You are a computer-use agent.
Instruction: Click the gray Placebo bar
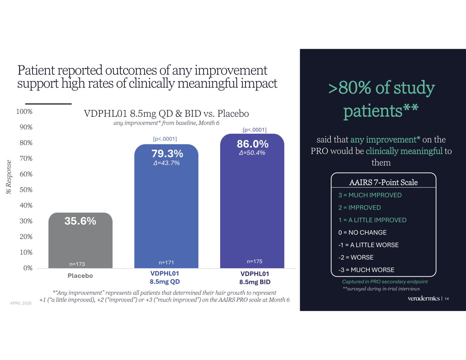80,242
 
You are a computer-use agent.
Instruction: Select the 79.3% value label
167,154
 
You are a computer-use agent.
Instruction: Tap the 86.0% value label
252,144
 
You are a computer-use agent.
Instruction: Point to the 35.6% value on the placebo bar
80,221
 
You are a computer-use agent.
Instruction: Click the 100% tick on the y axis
25,112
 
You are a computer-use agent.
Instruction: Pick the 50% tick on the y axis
26,190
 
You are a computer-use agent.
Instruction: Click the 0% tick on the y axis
28,268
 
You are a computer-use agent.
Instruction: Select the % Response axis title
9,177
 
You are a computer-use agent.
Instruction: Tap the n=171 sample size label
167,262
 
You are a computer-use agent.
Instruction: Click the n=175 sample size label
254,261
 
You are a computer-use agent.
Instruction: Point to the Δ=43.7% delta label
167,163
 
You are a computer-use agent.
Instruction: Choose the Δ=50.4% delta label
252,153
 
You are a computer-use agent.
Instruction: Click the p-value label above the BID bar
254,130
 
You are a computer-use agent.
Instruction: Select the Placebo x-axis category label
80,276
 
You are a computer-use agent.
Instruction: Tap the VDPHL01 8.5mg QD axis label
165,278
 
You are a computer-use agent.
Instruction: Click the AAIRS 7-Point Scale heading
383,182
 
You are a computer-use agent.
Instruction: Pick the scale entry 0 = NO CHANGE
362,232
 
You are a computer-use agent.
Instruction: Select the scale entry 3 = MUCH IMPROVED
370,195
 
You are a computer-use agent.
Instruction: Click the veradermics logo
424,299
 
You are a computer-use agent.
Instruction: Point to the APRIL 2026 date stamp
21,303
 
